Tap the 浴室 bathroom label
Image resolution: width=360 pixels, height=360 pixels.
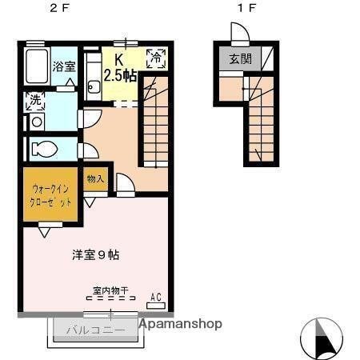coord(64,66)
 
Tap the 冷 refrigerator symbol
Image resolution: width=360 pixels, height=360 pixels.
coord(156,58)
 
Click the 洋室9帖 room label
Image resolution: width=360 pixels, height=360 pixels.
coord(95,255)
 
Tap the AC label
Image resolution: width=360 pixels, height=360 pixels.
coord(156,298)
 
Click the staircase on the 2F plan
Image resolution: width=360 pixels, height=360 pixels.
coord(154,120)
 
